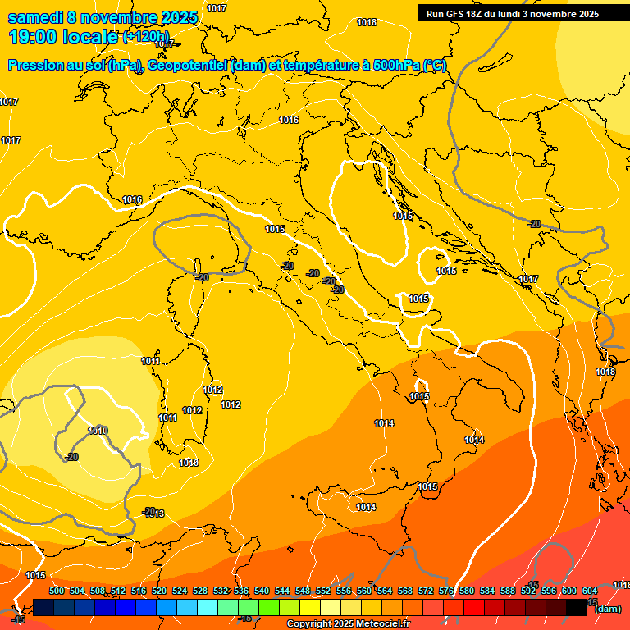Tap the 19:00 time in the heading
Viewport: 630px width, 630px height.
[34, 36]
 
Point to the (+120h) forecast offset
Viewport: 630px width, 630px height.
[145, 37]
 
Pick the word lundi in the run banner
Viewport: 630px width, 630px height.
[517, 14]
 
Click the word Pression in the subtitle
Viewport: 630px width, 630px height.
[38, 65]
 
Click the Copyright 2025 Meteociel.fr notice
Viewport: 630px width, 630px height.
[348, 624]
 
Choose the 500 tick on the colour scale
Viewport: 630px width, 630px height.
[57, 591]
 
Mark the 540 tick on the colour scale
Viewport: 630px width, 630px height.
[262, 591]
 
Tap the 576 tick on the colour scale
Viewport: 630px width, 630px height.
[446, 591]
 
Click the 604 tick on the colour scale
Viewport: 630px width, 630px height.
[590, 591]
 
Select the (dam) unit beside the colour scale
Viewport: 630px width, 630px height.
[607, 609]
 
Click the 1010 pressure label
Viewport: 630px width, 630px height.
[98, 431]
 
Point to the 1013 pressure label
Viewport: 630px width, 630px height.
[155, 514]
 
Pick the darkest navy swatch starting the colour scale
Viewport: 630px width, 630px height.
[43, 608]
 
